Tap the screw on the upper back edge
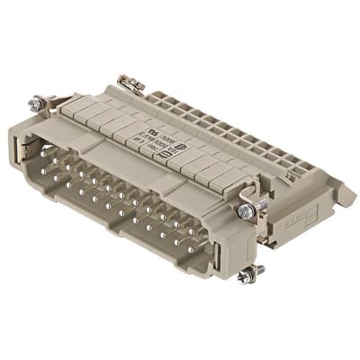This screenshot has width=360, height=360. coord(134,84)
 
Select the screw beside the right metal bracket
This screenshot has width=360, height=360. coord(245,211)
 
